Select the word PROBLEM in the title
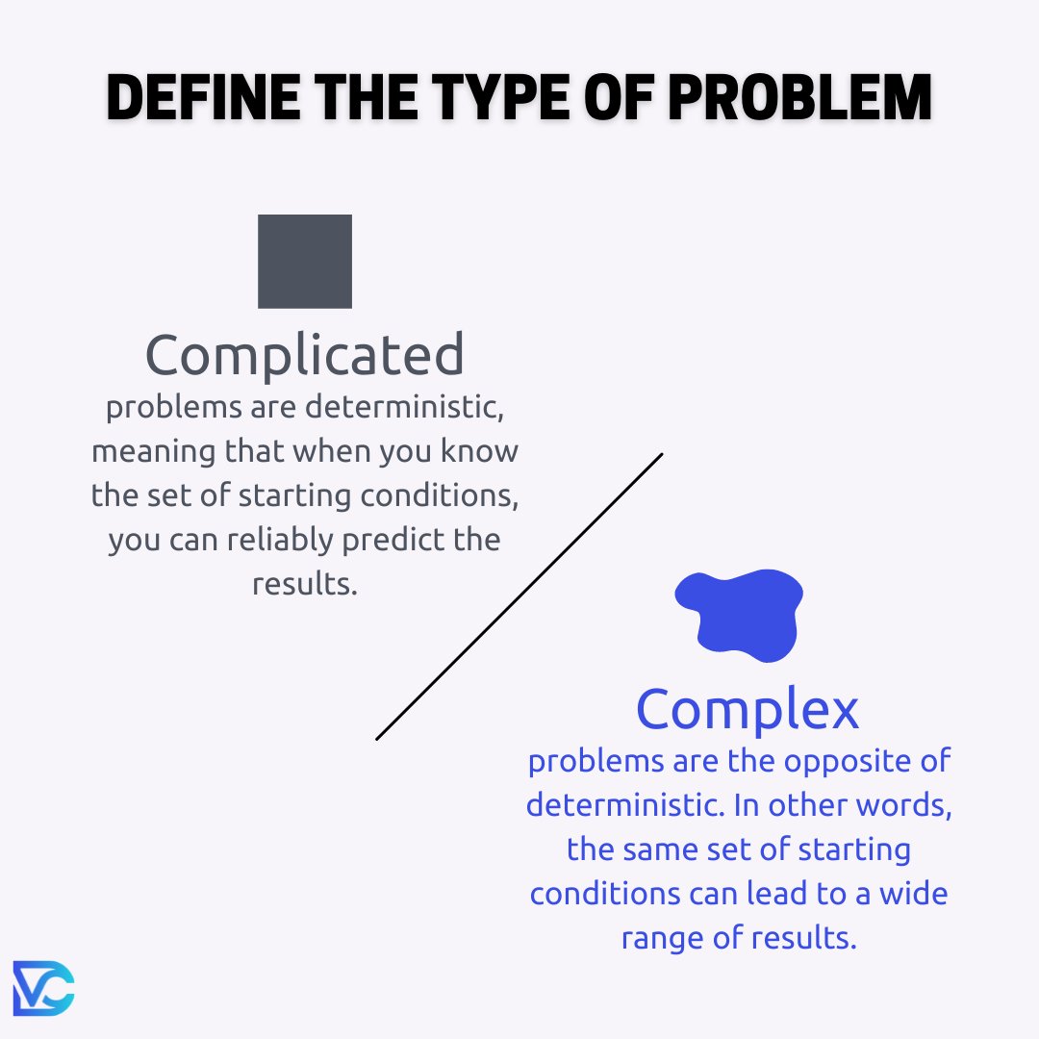(x=799, y=97)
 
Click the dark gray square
(x=305, y=261)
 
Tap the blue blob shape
(x=741, y=614)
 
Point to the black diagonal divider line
(x=519, y=596)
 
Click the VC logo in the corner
(x=43, y=988)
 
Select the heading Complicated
(x=305, y=355)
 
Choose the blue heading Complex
(x=748, y=709)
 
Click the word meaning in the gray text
(x=154, y=452)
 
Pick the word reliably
(x=281, y=540)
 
